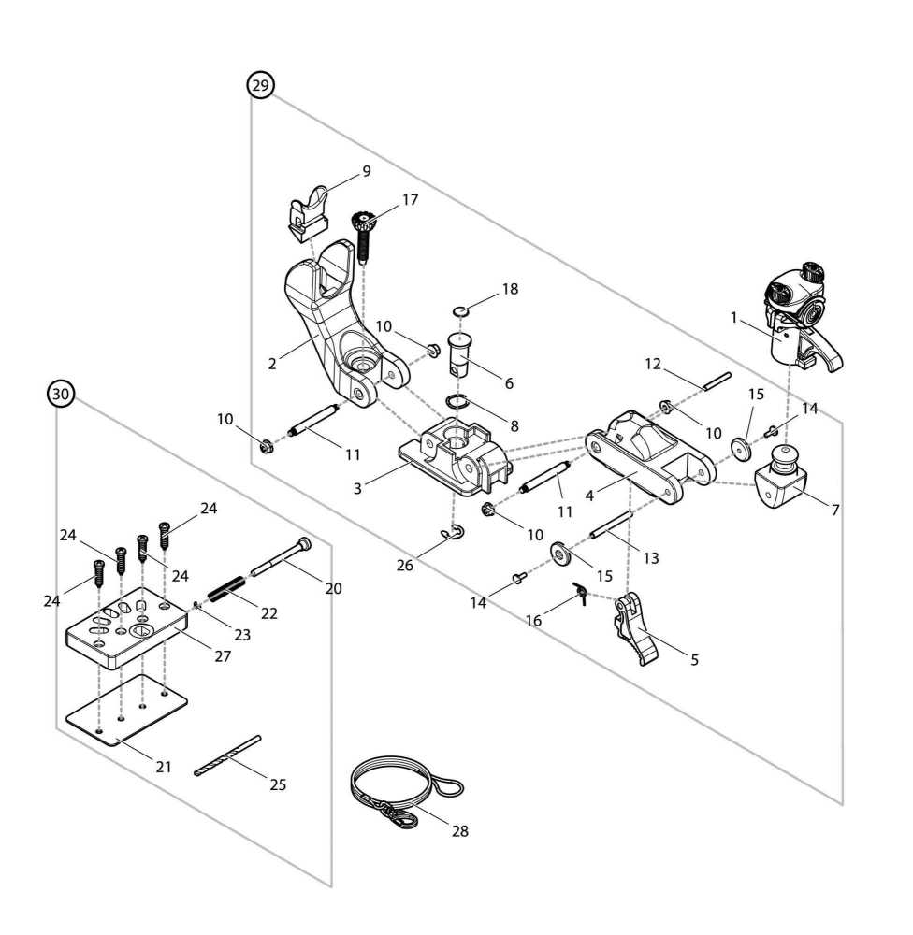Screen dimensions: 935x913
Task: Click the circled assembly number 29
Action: tap(260, 85)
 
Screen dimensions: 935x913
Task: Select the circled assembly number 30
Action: tap(61, 395)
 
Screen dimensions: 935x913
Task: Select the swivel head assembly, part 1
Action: tap(794, 318)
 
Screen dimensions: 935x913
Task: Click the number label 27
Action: tap(222, 655)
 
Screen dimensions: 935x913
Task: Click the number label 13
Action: tap(650, 558)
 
